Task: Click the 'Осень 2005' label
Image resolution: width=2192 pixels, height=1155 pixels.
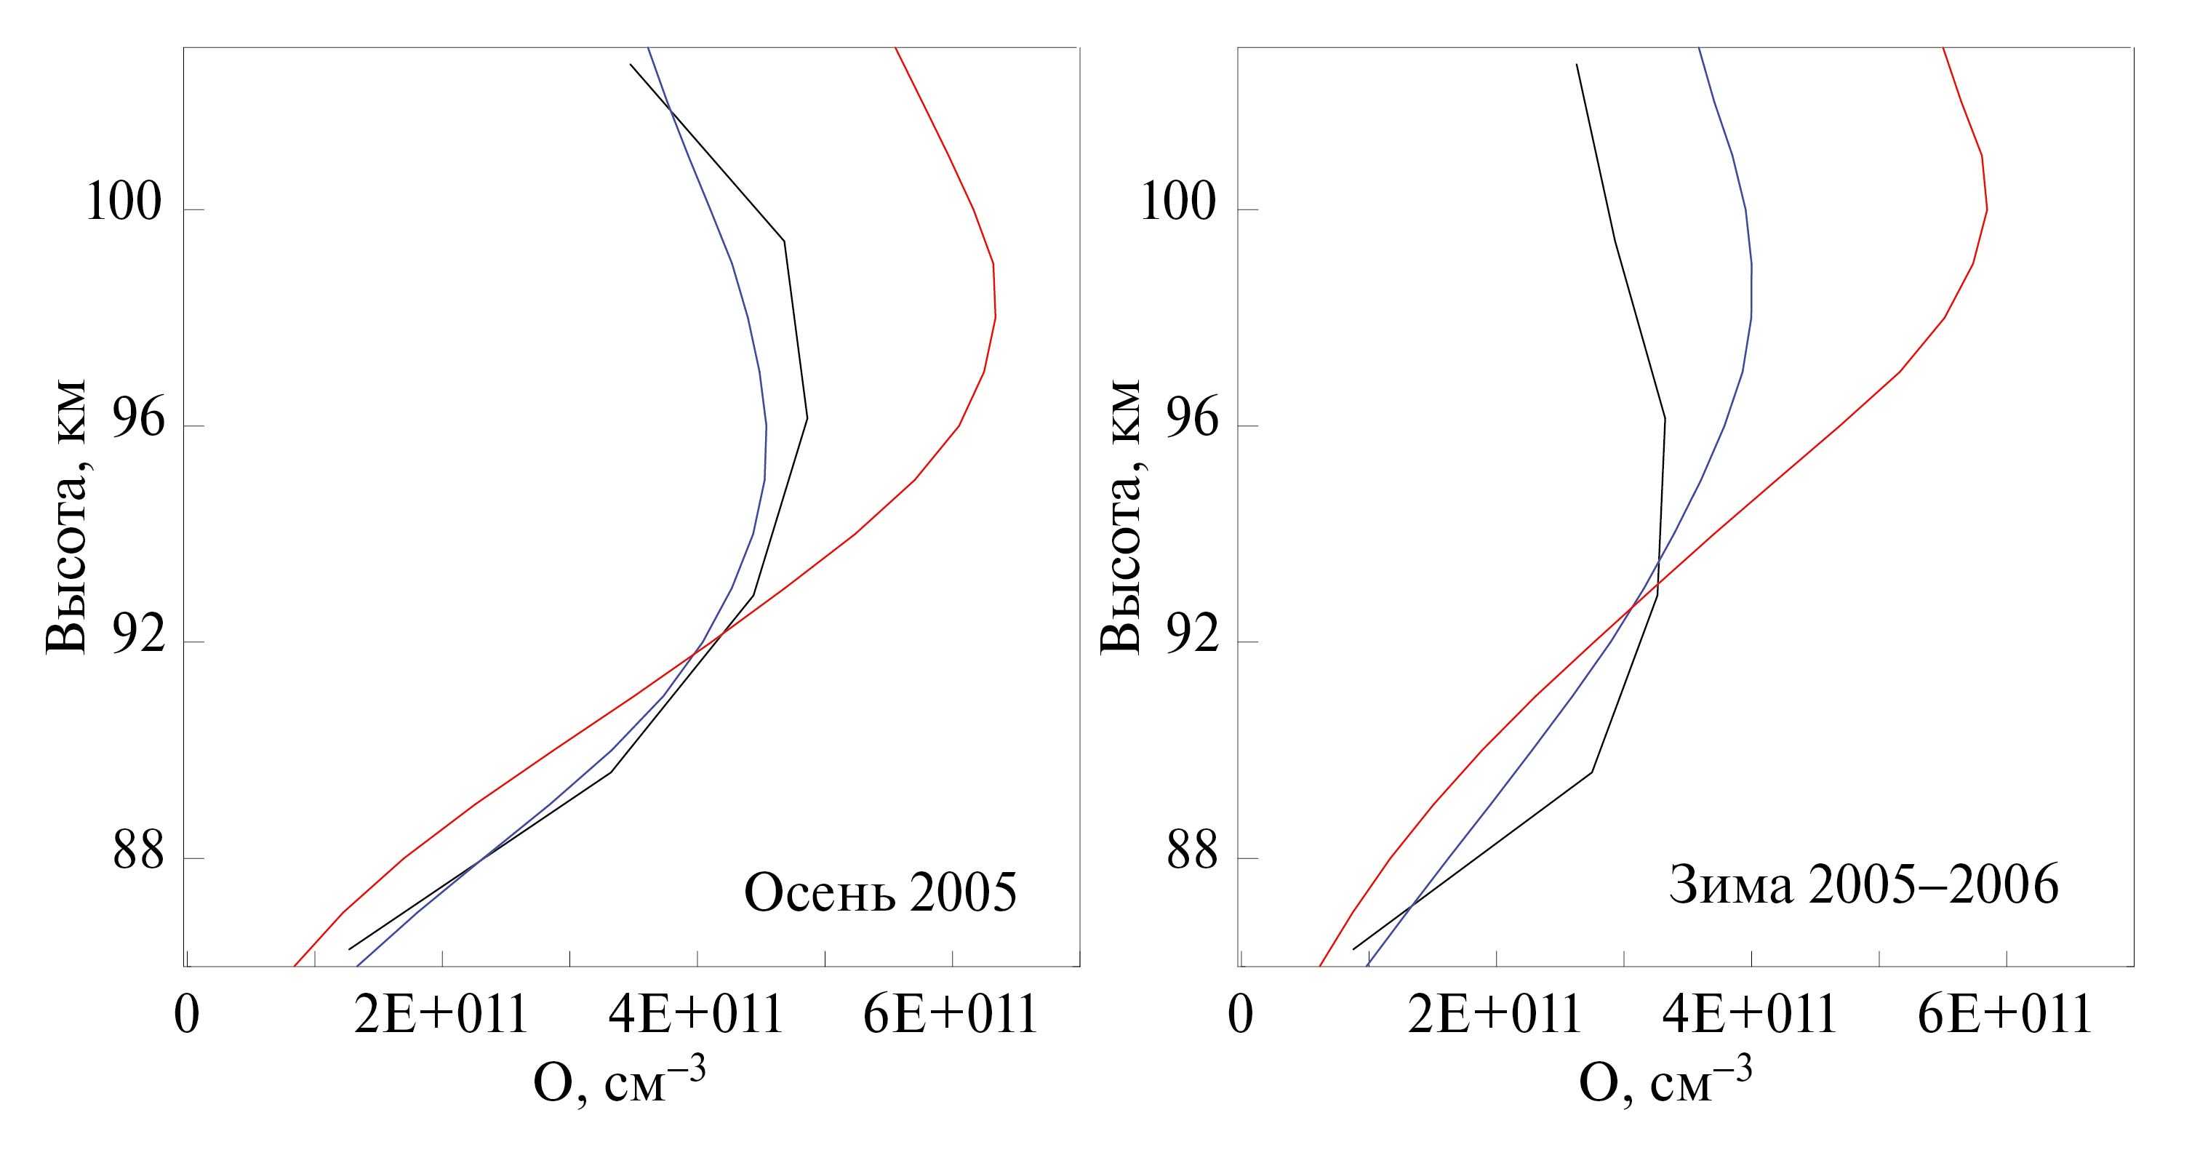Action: pyautogui.click(x=880, y=893)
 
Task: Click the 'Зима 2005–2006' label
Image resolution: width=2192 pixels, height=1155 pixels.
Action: pyautogui.click(x=1863, y=885)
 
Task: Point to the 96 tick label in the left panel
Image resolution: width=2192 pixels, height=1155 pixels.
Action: pyautogui.click(x=138, y=420)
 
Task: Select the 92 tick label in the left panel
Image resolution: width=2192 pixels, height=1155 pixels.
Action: pyautogui.click(x=138, y=636)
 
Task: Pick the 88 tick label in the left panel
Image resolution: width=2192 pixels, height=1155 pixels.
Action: pyautogui.click(x=138, y=853)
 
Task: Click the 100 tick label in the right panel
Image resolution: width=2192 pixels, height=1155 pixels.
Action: pyautogui.click(x=1177, y=204)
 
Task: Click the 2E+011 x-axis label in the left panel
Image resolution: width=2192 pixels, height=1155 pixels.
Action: pyautogui.click(x=441, y=1015)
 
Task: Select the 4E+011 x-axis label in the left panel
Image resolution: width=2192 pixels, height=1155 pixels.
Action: pyautogui.click(x=696, y=1015)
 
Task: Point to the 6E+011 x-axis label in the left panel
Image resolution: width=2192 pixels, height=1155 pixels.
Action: pyautogui.click(x=951, y=1015)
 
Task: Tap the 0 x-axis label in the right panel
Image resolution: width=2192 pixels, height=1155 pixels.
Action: pyautogui.click(x=1241, y=1015)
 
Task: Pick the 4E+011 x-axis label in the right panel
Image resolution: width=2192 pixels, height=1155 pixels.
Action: pyautogui.click(x=1750, y=1015)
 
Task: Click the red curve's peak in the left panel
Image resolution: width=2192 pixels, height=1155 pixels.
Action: pyautogui.click(x=995, y=316)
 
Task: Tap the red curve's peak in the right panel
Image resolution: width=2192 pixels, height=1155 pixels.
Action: pyautogui.click(x=1986, y=209)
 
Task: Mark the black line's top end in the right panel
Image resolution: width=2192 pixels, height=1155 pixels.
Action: pyautogui.click(x=1576, y=65)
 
